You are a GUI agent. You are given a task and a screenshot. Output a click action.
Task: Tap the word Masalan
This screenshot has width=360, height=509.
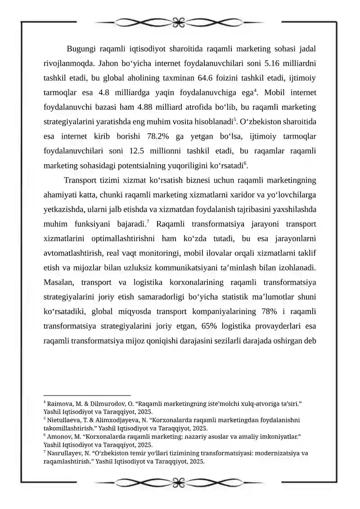coord(60,283)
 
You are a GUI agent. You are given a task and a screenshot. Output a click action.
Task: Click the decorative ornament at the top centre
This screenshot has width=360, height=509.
coord(180,21)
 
